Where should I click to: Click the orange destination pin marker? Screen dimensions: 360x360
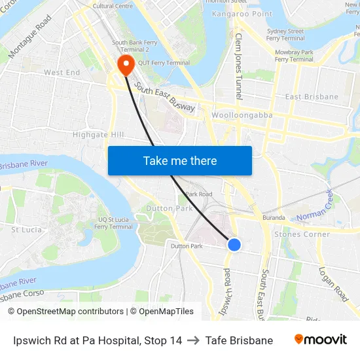(x=124, y=63)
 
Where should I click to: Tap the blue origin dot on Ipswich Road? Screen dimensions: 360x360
(x=234, y=245)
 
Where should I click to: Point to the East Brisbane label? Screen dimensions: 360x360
(x=312, y=97)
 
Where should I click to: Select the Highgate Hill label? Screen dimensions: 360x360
(x=98, y=135)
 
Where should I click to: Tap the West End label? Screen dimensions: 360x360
(x=62, y=73)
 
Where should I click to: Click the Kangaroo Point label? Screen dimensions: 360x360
(x=242, y=14)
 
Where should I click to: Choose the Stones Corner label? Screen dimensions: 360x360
(x=302, y=234)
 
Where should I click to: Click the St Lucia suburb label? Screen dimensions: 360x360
(x=27, y=230)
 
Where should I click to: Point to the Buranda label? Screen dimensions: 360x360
(x=274, y=218)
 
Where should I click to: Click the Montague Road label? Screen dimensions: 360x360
(x=30, y=36)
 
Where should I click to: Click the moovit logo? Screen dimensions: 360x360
(x=321, y=340)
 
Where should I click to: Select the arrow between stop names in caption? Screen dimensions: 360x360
(x=193, y=340)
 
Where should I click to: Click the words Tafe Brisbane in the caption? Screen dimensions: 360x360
(x=239, y=340)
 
